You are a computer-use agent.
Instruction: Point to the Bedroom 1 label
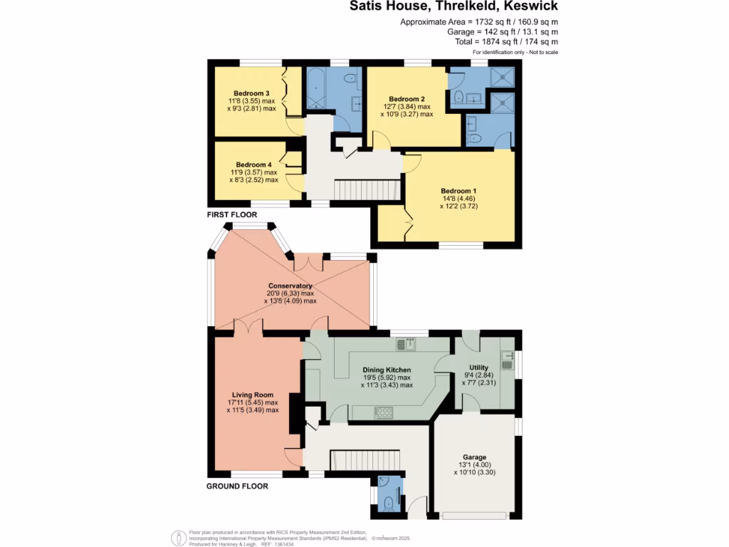pyautogui.click(x=458, y=191)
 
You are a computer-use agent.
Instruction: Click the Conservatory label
pyautogui.click(x=290, y=286)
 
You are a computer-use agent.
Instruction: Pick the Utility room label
pyautogui.click(x=478, y=367)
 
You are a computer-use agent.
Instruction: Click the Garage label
pyautogui.click(x=475, y=457)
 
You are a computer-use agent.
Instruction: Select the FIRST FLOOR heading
pyautogui.click(x=233, y=214)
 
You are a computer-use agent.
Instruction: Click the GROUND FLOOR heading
pyautogui.click(x=237, y=486)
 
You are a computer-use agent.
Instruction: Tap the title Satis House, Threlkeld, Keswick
pyautogui.click(x=453, y=7)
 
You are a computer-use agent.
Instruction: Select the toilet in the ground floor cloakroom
pyautogui.click(x=389, y=505)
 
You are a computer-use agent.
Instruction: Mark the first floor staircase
pyautogui.click(x=364, y=190)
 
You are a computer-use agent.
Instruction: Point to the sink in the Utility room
pyautogui.click(x=508, y=355)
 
